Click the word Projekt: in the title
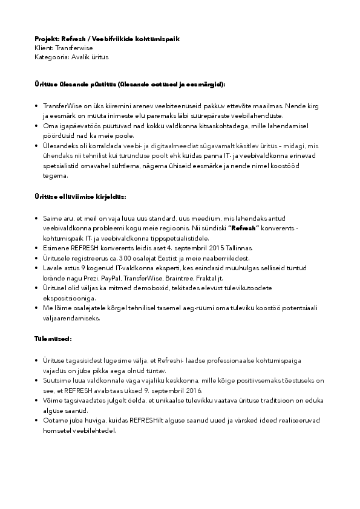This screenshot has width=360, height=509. tap(47, 39)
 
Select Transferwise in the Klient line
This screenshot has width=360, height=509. tap(74, 48)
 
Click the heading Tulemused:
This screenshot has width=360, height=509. tap(53, 340)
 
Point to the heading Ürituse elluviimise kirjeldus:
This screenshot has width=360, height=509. tap(80, 197)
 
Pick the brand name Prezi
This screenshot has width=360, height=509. tap(88, 278)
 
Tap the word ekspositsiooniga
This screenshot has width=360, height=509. tap(70, 298)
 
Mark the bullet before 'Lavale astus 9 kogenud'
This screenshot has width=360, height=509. tap(38, 268)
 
